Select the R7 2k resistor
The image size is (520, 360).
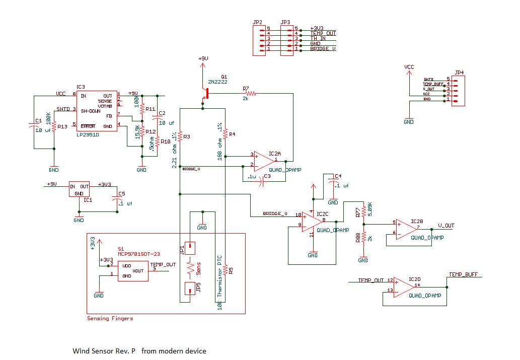pos(249,93)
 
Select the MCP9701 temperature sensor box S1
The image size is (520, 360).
pos(133,271)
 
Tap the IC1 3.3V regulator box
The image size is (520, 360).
pos(79,189)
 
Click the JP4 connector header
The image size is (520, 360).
pos(458,90)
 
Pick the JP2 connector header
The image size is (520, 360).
pos(258,40)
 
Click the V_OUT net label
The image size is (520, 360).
pos(446,226)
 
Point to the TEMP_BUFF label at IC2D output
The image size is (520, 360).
pos(463,275)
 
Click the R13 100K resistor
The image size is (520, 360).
pos(54,127)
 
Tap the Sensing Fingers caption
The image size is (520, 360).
pos(110,318)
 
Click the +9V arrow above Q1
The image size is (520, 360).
pos(202,63)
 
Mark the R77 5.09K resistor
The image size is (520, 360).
pos(363,209)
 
